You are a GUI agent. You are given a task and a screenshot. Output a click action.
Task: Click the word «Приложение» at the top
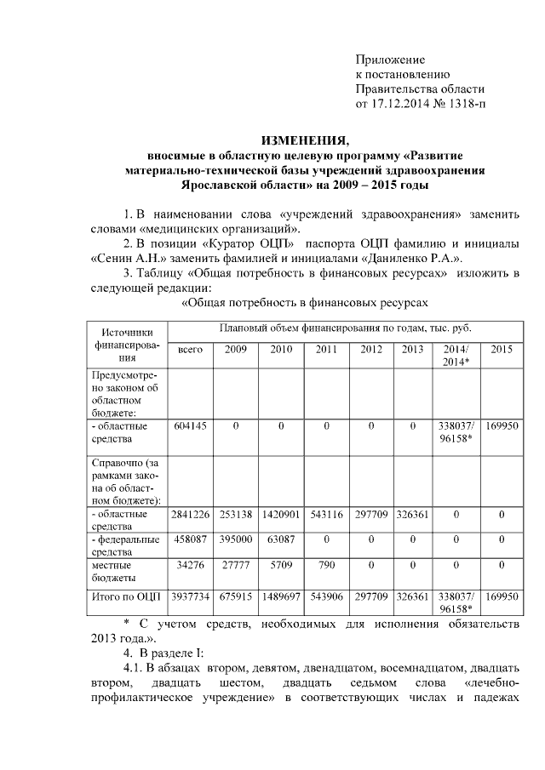389,60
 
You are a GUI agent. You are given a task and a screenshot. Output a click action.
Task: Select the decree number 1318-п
465,105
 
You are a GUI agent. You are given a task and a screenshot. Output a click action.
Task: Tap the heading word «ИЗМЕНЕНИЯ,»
304,140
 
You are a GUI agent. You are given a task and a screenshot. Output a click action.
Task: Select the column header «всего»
190,350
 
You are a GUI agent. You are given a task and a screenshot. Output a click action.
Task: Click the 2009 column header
235,350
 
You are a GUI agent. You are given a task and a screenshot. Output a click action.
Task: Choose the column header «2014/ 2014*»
456,356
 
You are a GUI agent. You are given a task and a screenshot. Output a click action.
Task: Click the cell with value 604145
190,425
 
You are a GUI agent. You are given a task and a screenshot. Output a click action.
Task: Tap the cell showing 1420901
280,514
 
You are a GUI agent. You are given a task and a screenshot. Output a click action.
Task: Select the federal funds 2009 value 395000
235,538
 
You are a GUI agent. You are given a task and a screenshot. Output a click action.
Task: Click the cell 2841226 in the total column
190,514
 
